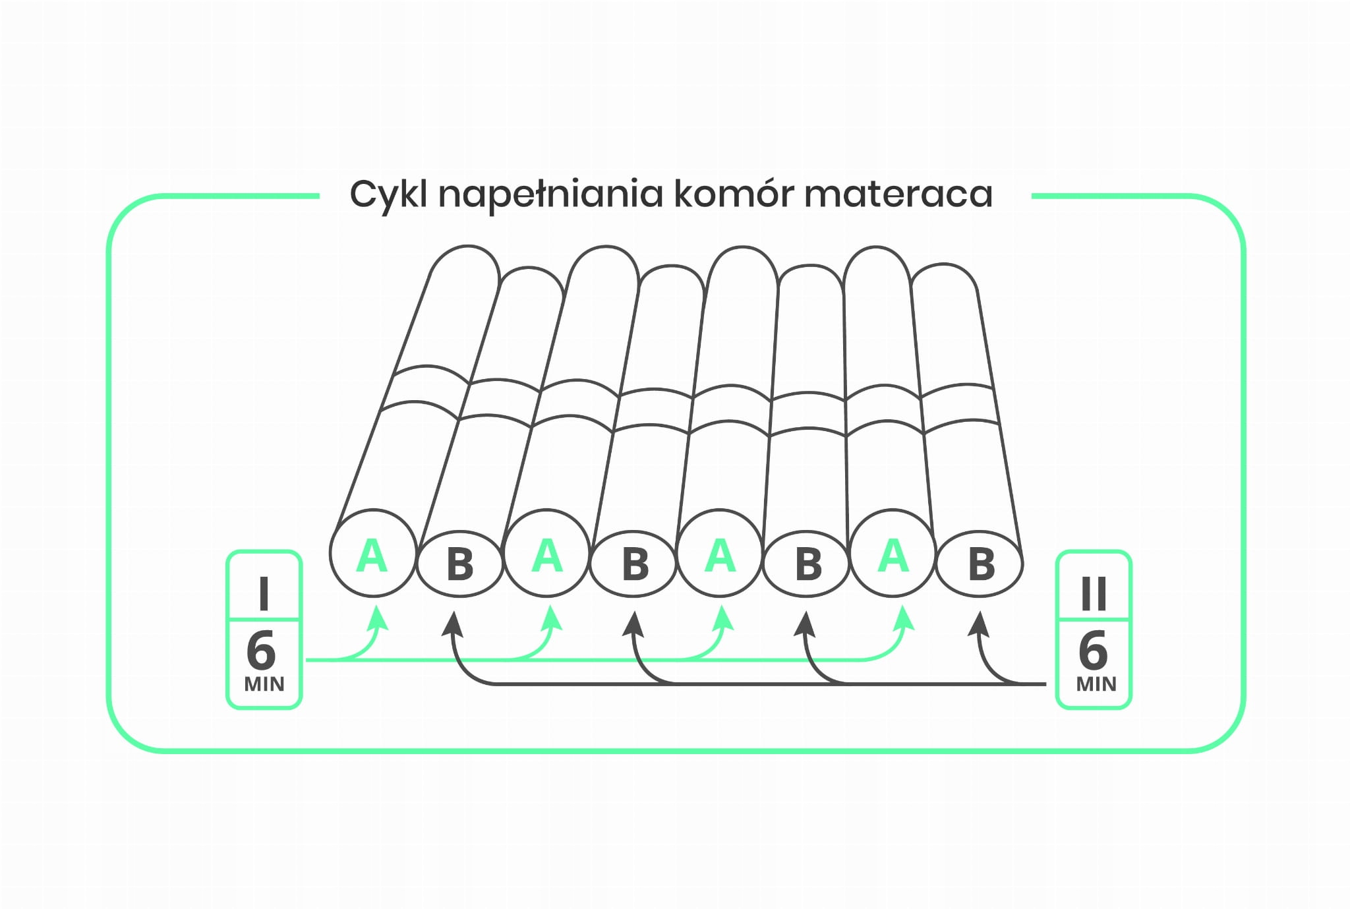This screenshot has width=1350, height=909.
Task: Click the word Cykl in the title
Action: tap(388, 194)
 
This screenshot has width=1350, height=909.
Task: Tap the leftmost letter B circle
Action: tap(459, 564)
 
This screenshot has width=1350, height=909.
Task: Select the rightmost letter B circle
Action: tap(980, 564)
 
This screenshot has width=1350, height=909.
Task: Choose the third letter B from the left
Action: tap(808, 564)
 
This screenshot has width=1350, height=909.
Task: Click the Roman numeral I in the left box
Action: tap(264, 593)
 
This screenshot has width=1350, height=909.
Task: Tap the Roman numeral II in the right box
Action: tap(1094, 593)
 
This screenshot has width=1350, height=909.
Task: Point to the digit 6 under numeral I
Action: tap(261, 650)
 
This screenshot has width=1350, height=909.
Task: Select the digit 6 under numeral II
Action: tap(1093, 650)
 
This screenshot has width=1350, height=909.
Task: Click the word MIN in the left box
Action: tap(264, 684)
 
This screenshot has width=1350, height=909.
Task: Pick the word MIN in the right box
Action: tap(1096, 684)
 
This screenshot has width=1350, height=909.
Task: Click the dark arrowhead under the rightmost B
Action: tap(979, 623)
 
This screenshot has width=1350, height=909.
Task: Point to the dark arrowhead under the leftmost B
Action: tap(452, 623)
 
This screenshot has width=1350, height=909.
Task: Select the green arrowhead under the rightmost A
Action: tap(904, 618)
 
